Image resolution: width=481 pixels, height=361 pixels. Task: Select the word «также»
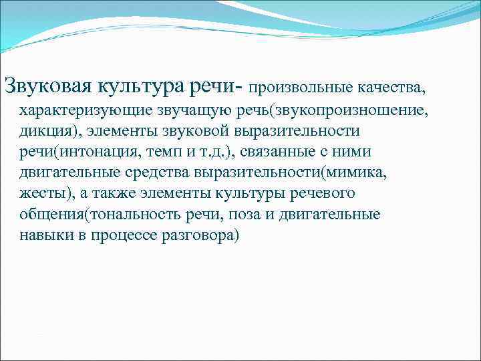click(110, 194)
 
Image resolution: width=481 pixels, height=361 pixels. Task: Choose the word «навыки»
click(43, 237)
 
